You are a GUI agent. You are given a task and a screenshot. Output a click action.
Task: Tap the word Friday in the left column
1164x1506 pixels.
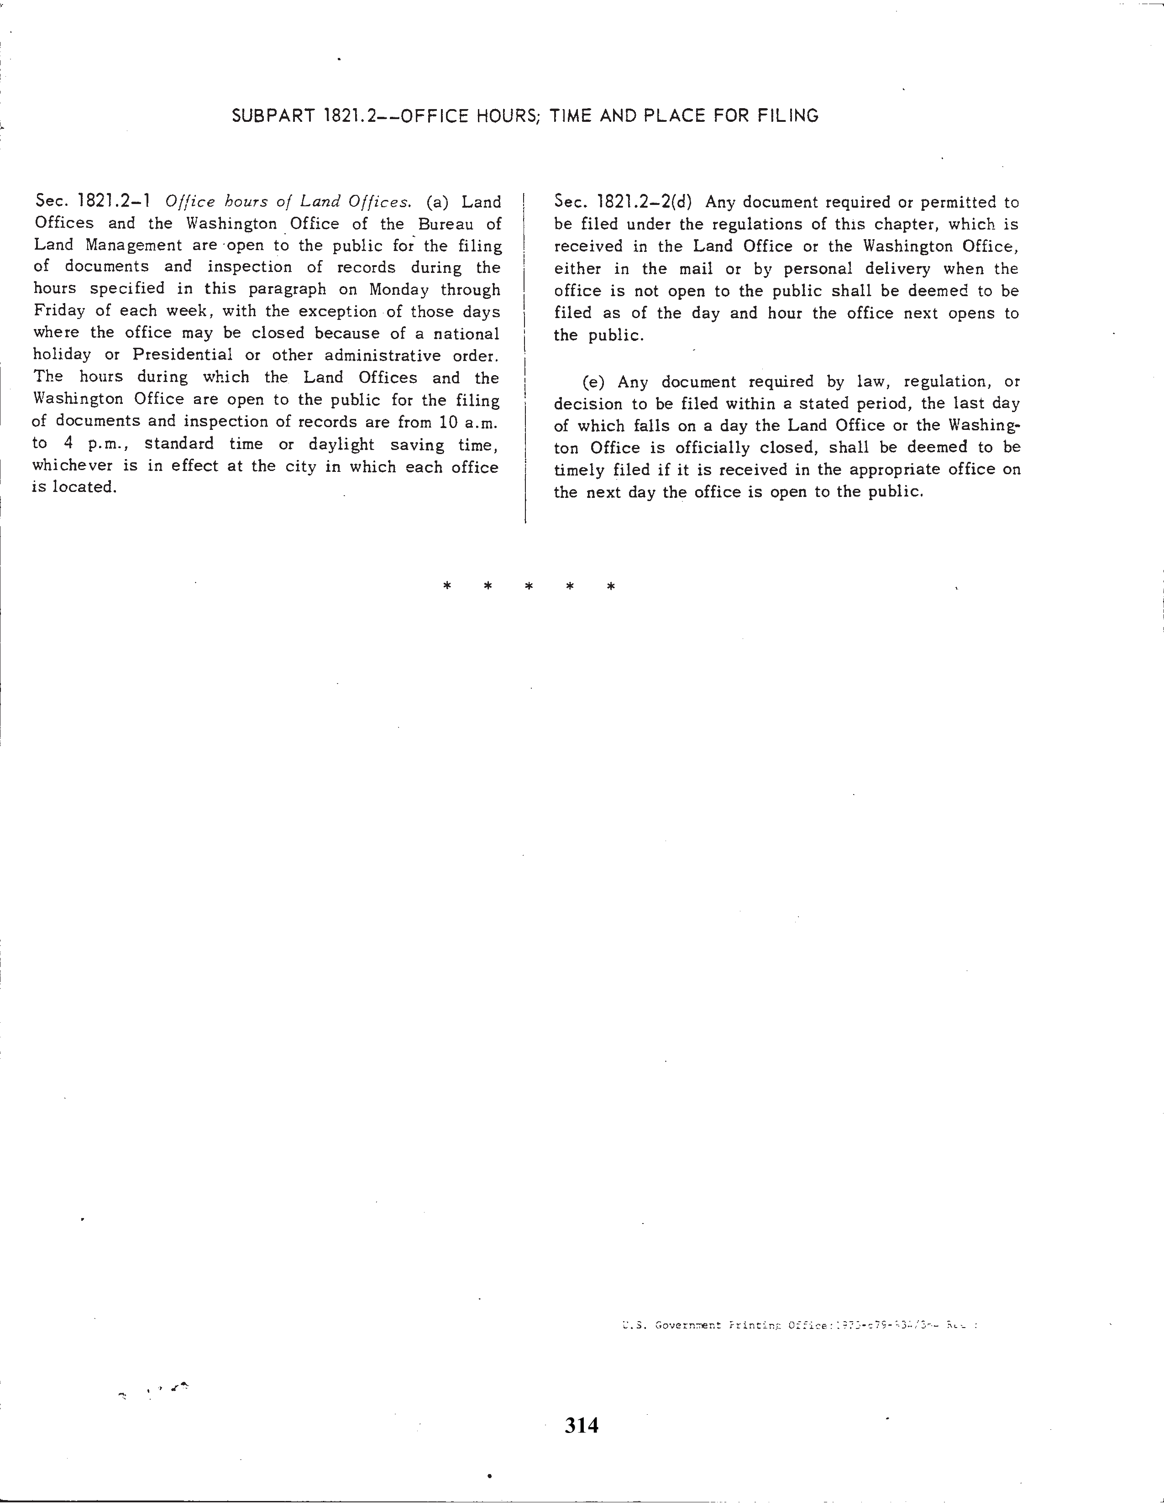tap(58, 311)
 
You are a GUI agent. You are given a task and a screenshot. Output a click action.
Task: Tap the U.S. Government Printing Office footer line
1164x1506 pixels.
tap(798, 1325)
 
